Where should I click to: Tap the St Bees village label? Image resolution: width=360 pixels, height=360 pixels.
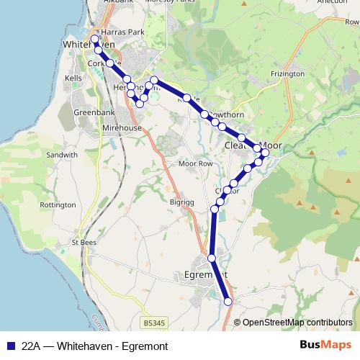coord(84,243)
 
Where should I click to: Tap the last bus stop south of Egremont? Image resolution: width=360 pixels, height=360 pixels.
coord(229,302)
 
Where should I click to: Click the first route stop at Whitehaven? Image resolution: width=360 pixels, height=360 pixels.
coord(94,39)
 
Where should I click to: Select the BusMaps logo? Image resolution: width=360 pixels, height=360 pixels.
coord(325,345)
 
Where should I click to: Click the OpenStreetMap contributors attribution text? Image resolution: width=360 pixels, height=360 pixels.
coord(297,322)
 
